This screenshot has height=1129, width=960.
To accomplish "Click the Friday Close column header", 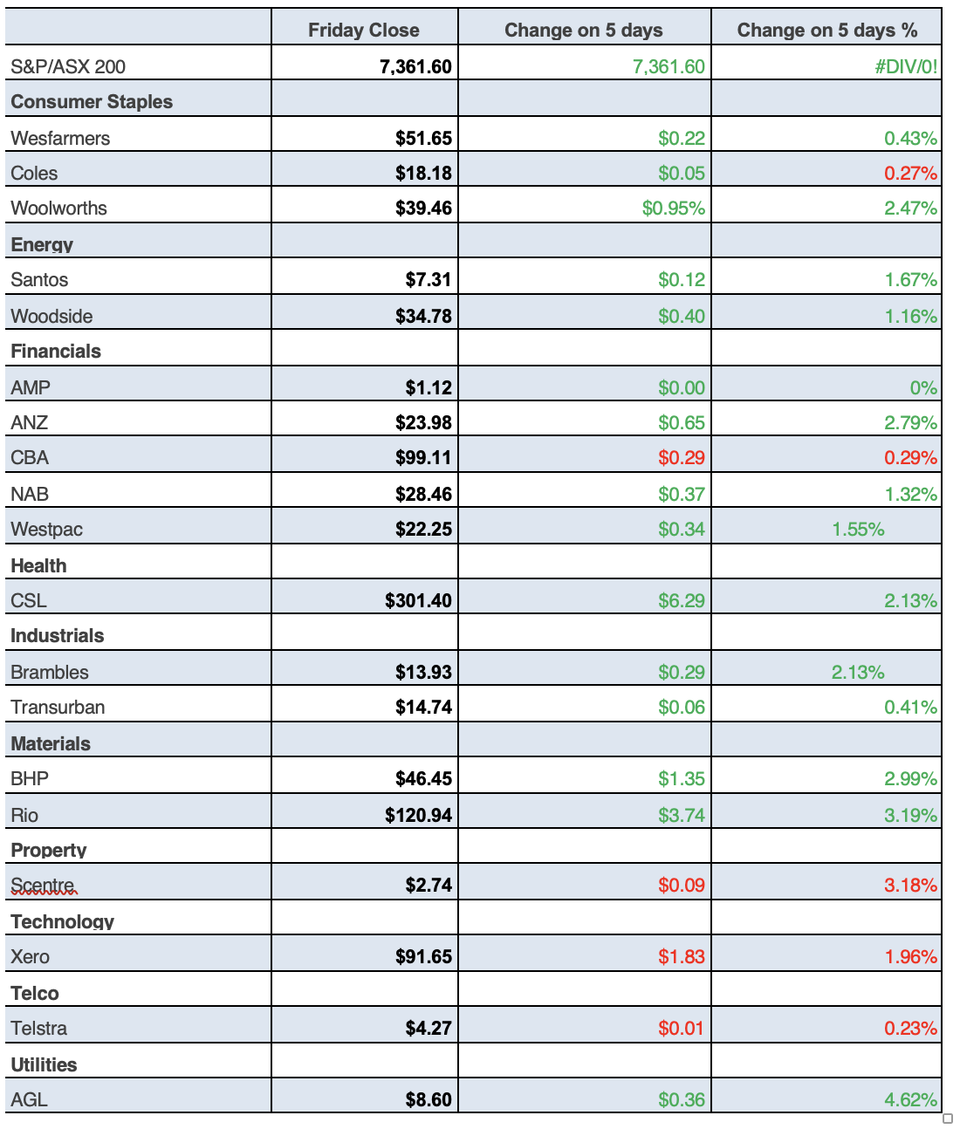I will (x=363, y=30).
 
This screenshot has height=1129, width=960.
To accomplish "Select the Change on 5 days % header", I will (x=826, y=30).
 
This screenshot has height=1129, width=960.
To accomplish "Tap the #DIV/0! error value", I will (x=906, y=66).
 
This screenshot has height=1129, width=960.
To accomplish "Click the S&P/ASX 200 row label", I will (x=68, y=66).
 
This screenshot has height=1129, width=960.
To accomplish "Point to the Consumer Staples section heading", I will (x=92, y=101).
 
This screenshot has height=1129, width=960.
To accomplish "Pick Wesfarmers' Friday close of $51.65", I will (x=423, y=138).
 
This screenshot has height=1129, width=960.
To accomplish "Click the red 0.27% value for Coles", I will (x=910, y=173).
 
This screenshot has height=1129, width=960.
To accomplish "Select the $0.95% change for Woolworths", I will (x=673, y=208).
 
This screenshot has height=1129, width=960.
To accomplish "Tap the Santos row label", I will (x=39, y=279).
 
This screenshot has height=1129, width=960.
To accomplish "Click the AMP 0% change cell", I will (x=922, y=387).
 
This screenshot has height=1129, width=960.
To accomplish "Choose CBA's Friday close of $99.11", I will (x=423, y=457).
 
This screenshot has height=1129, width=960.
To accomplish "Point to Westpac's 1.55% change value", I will (x=858, y=529).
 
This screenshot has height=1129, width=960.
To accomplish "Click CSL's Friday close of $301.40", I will (x=418, y=600).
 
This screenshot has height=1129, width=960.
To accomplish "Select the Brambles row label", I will (x=50, y=672).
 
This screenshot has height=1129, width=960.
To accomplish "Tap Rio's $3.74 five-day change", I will (x=681, y=815).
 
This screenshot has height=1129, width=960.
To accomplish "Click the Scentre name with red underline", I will (x=44, y=885).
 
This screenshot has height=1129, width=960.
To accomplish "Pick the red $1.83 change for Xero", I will (x=681, y=956).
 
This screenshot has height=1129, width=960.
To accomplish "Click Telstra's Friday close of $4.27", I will (x=429, y=1028).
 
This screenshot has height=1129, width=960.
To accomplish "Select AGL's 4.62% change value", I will (x=910, y=1099).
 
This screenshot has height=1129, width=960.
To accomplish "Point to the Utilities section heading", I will (x=44, y=1064).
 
